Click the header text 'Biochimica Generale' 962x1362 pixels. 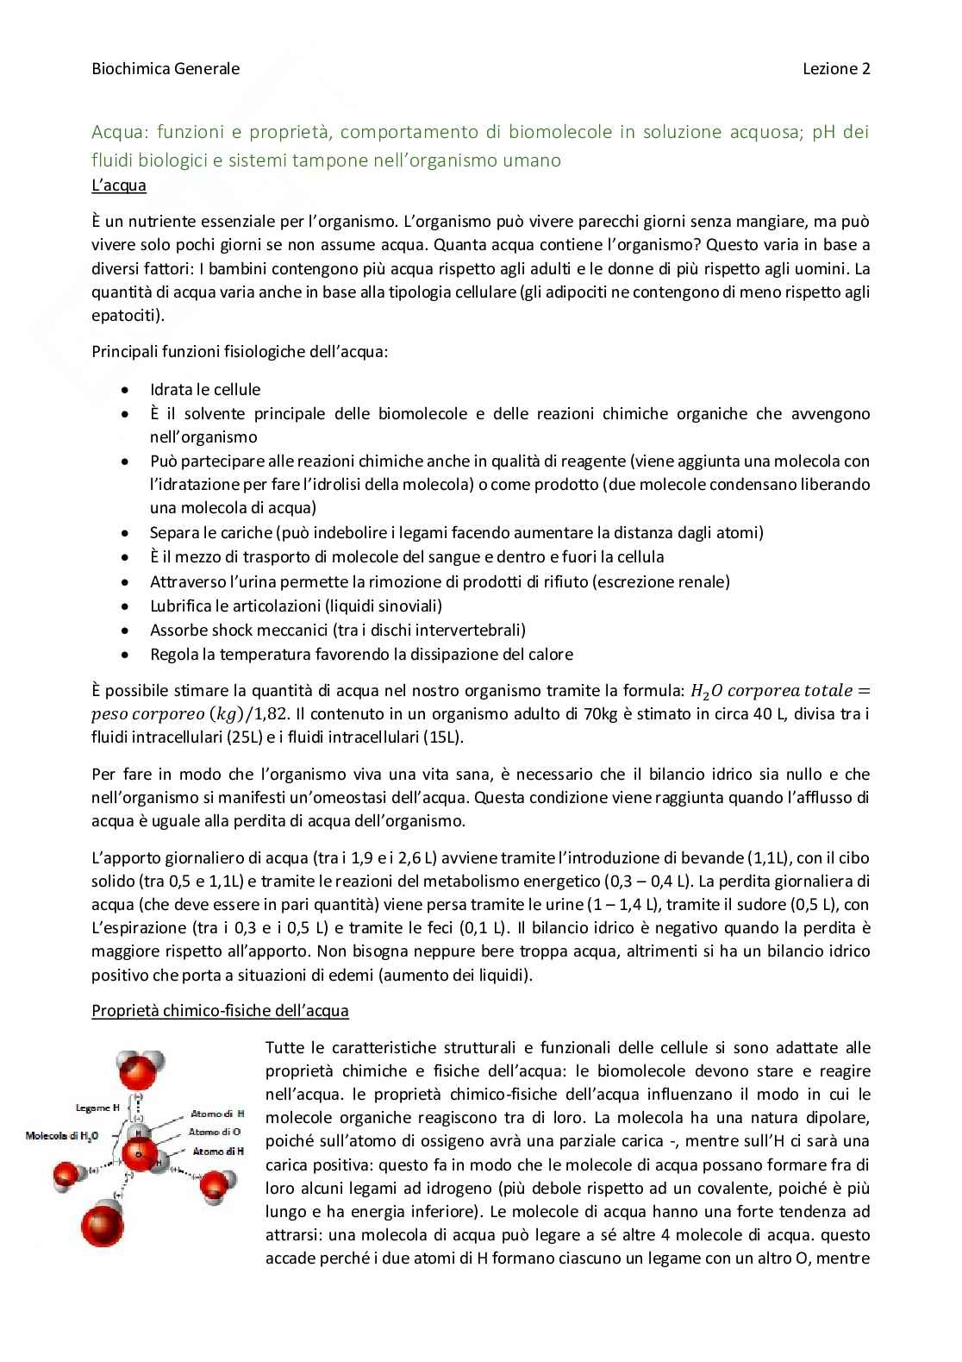[x=166, y=69]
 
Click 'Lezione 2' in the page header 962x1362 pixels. [x=836, y=69]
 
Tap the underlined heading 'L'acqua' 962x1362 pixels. [x=119, y=185]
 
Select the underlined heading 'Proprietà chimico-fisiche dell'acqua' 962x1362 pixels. [x=220, y=1010]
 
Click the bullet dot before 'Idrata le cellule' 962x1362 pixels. [x=127, y=390]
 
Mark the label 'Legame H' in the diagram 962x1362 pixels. [x=93, y=1107]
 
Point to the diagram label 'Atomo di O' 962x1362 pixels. [x=216, y=1132]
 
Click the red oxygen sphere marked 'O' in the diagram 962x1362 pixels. [x=136, y=1154]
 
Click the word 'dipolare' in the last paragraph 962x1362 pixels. [x=836, y=1118]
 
